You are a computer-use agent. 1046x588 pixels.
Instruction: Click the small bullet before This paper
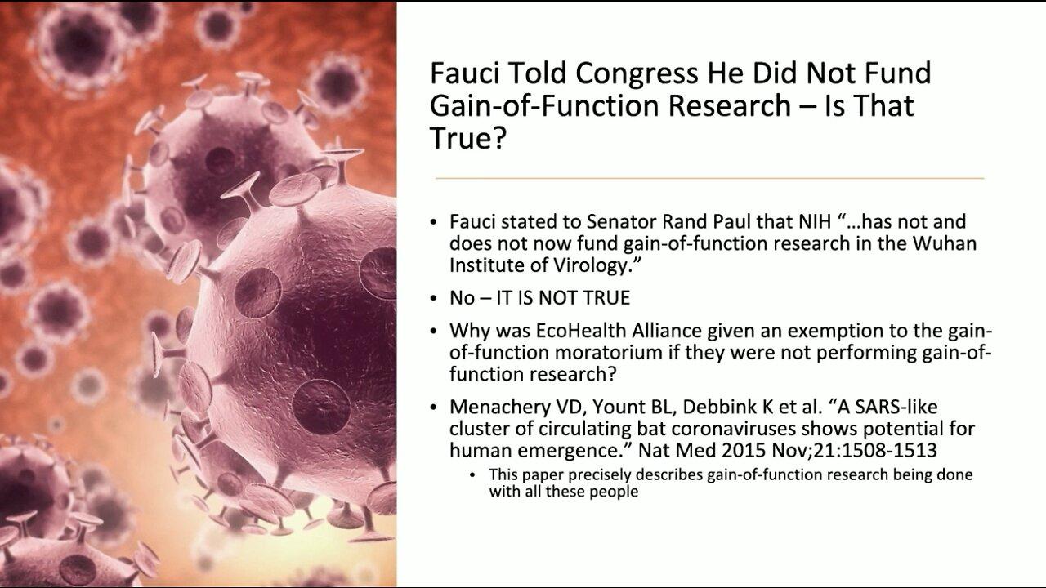(475, 474)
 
